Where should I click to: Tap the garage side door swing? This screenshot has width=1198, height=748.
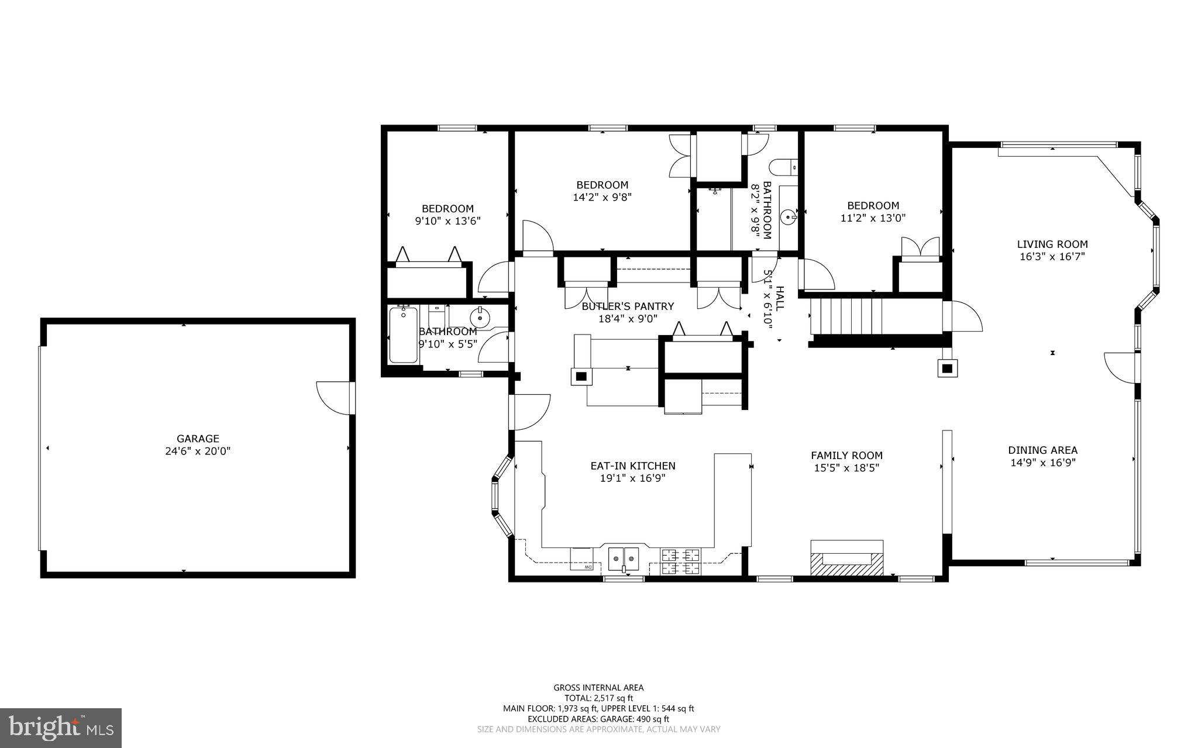(332, 398)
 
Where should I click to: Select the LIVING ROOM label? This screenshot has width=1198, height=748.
(1052, 244)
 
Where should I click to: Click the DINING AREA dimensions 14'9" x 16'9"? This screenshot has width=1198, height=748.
(1042, 463)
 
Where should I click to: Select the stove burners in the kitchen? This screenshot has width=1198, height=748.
(680, 560)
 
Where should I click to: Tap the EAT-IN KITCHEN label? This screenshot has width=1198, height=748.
(632, 466)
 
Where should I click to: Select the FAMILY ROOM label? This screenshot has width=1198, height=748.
(846, 456)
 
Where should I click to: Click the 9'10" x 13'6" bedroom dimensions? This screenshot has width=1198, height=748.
(447, 221)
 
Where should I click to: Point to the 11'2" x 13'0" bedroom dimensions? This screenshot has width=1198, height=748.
(873, 218)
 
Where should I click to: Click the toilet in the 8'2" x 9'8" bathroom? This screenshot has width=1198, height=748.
(783, 167)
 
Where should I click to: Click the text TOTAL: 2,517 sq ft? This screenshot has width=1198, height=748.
(598, 698)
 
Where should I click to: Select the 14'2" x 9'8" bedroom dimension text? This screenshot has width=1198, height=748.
(602, 198)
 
